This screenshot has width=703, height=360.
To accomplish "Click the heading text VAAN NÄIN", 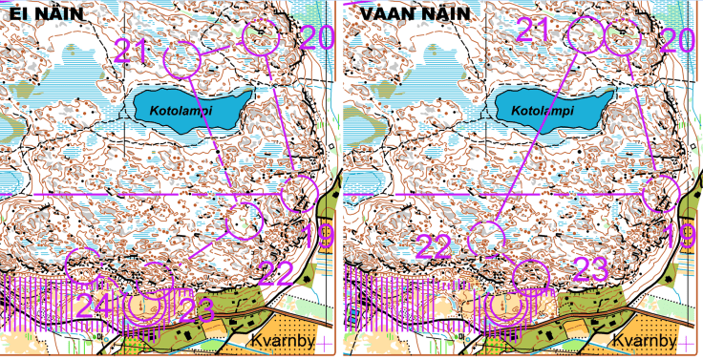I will [401, 12].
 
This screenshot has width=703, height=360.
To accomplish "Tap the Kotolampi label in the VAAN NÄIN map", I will [541, 110].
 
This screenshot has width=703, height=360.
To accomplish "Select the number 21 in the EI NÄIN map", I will [133, 50].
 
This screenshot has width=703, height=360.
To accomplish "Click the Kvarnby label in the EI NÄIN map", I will [281, 341].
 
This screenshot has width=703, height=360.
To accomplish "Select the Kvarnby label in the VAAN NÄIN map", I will [644, 341].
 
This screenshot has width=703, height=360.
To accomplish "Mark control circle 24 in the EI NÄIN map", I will [83, 265].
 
